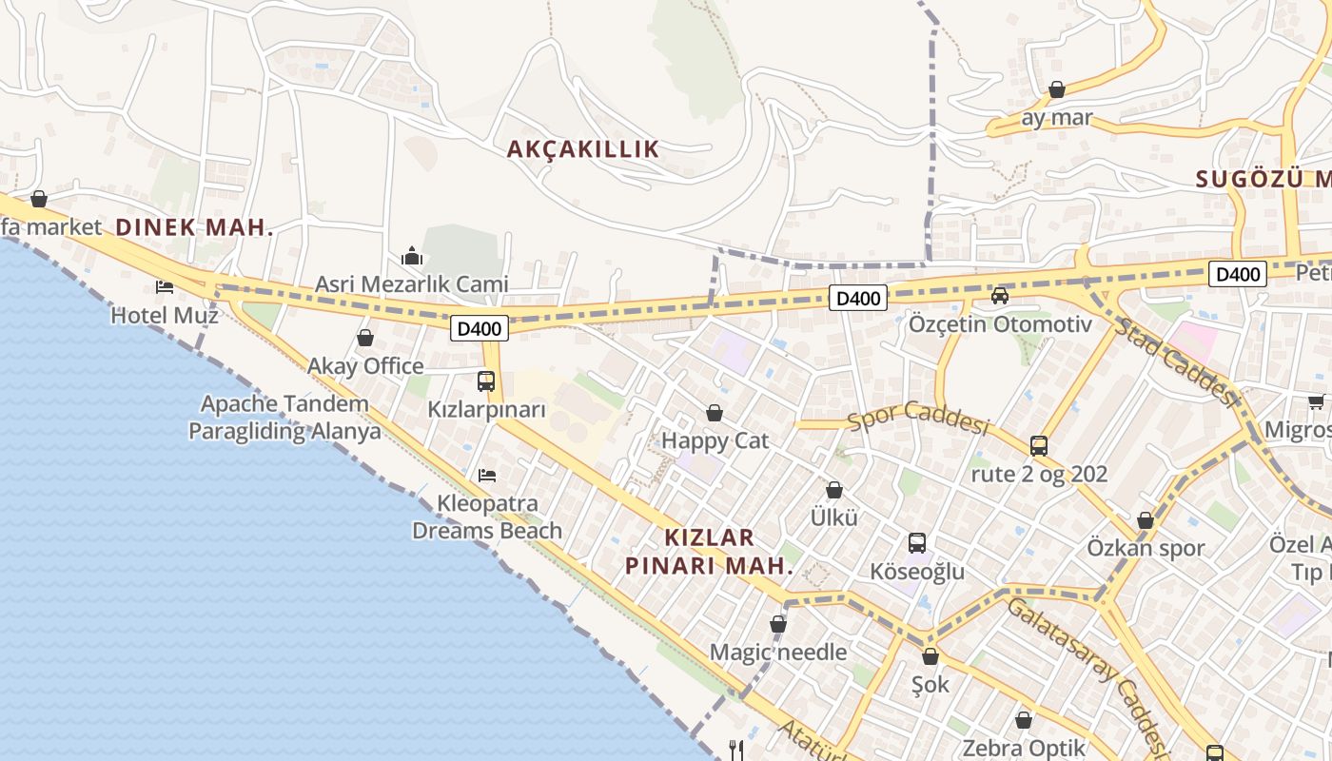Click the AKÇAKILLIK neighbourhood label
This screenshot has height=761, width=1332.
tap(583, 149)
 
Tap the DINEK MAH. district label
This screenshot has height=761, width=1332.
tap(194, 227)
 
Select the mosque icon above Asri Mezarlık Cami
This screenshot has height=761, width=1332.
tap(412, 256)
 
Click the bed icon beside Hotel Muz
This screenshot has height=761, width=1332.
tap(165, 286)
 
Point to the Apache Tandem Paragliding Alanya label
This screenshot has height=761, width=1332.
tap(284, 418)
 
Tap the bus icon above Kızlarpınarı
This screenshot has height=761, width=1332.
tap(486, 381)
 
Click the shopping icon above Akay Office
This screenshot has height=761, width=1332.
tap(365, 338)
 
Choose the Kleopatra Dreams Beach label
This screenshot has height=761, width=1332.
tap(487, 517)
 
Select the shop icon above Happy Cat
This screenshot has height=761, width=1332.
tap(715, 413)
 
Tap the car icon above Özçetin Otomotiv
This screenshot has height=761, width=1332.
tap(1000, 296)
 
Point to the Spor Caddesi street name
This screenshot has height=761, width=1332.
tap(918, 416)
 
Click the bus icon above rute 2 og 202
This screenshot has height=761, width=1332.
tap(1039, 445)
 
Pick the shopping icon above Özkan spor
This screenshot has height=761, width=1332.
tap(1146, 520)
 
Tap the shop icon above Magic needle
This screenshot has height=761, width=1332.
tap(778, 624)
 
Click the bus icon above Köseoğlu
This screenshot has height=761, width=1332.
tap(917, 543)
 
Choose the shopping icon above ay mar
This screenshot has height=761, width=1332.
tap(1057, 89)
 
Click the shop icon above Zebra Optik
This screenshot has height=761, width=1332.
tap(1024, 720)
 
